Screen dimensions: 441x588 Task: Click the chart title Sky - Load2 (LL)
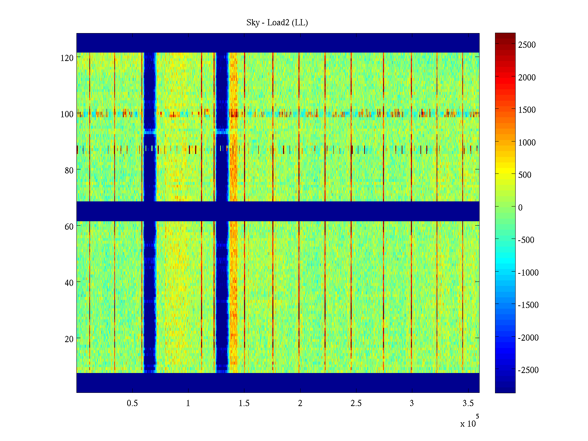277,23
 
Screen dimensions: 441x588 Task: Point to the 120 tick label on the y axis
67,58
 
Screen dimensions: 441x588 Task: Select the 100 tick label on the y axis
67,114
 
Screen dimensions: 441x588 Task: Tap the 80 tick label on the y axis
69,171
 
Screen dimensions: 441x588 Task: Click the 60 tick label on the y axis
69,227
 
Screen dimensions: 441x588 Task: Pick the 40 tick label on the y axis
69,283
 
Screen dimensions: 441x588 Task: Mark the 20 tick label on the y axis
69,339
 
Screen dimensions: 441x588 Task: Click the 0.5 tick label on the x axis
132,404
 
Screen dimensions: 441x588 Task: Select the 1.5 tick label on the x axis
244,404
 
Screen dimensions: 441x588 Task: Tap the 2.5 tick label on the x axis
356,404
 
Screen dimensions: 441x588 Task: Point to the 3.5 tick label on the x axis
468,404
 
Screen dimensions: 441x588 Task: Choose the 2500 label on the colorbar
527,45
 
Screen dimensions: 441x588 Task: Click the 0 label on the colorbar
520,208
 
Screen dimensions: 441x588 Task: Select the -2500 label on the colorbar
528,370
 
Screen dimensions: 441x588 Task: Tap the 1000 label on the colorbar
527,143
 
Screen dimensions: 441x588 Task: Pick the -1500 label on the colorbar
528,305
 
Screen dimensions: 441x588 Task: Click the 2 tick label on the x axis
300,404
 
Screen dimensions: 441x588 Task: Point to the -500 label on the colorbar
526,240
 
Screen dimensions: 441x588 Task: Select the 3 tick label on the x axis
412,404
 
